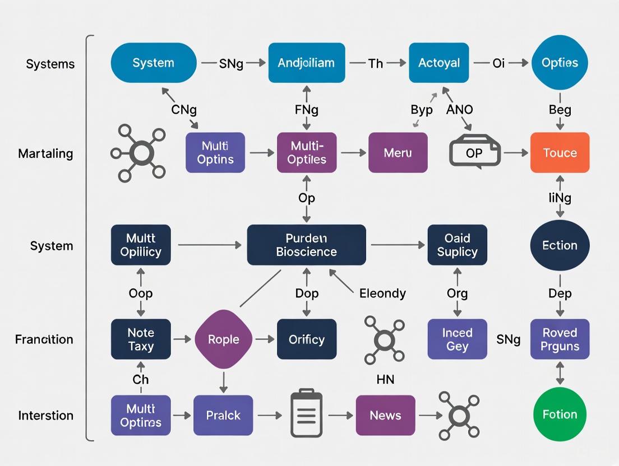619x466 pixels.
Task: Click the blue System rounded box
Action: (x=154, y=63)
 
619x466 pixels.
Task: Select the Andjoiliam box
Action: (x=306, y=63)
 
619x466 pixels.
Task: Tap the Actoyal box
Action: (x=438, y=63)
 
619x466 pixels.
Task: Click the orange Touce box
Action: (x=560, y=152)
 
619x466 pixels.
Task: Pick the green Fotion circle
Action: (x=560, y=415)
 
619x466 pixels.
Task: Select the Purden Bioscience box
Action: (x=306, y=245)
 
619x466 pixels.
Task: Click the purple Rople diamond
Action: (x=224, y=339)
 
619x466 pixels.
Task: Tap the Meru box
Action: (x=398, y=152)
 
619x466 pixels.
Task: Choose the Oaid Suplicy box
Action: (x=457, y=245)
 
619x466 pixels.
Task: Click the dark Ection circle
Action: (x=560, y=245)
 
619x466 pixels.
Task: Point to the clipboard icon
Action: (x=306, y=415)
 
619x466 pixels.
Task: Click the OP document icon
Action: (x=474, y=151)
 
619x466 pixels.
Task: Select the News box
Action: (x=385, y=415)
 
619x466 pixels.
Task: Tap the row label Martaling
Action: (x=45, y=153)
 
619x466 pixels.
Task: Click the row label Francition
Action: (x=44, y=339)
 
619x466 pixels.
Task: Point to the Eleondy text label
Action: (x=383, y=293)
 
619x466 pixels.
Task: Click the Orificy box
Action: (x=306, y=339)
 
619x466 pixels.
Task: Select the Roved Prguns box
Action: (x=560, y=339)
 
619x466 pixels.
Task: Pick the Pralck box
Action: (x=223, y=415)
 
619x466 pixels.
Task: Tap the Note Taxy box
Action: (x=141, y=339)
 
